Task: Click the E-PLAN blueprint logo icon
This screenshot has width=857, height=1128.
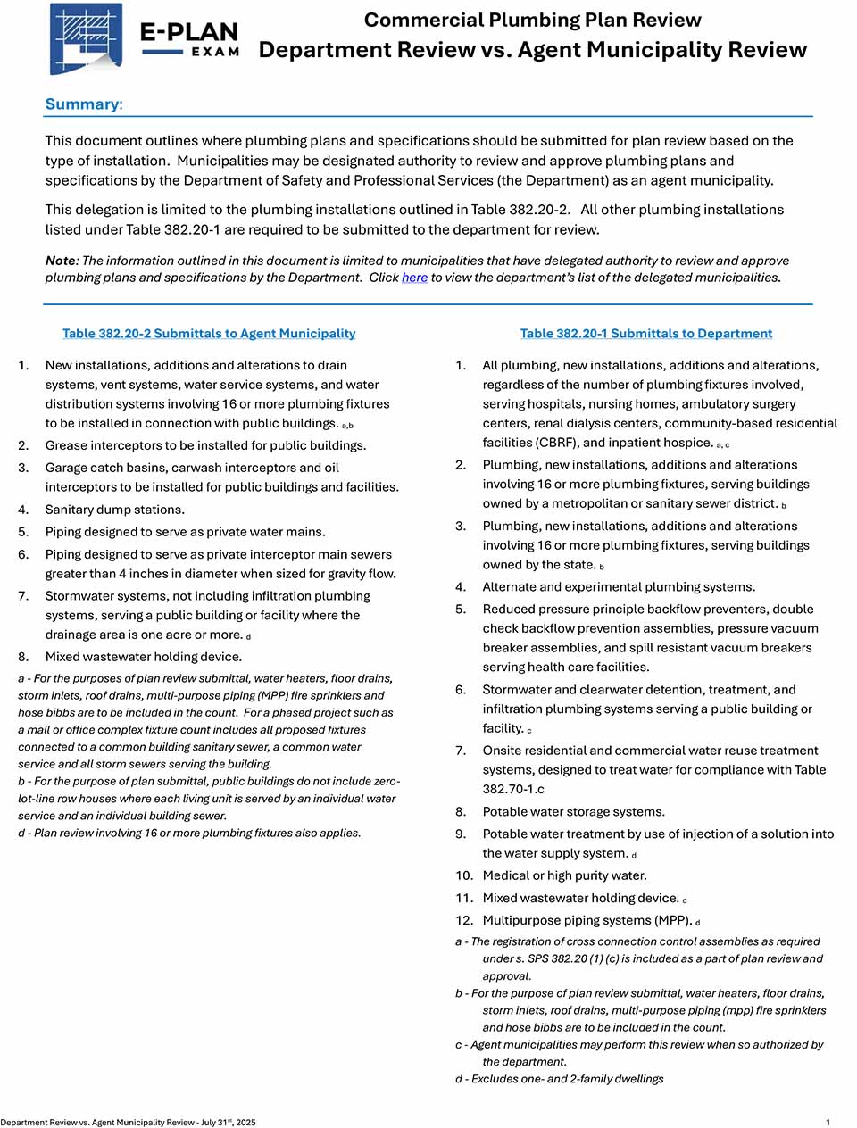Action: pyautogui.click(x=86, y=38)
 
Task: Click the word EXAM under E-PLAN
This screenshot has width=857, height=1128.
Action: pyautogui.click(x=215, y=52)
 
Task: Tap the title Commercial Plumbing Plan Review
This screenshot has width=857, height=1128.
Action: pyautogui.click(x=532, y=20)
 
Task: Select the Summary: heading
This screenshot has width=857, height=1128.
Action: pyautogui.click(x=84, y=104)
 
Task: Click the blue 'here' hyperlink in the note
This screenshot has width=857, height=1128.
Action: pyautogui.click(x=414, y=278)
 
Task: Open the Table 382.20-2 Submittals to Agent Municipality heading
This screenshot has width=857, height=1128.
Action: pyautogui.click(x=209, y=334)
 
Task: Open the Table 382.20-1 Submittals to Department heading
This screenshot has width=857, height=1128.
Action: pyautogui.click(x=646, y=334)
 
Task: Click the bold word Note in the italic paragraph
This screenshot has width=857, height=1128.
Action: pyautogui.click(x=60, y=261)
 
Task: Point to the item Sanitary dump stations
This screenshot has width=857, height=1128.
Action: pyautogui.click(x=115, y=510)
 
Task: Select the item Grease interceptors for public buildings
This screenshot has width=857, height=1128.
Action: pyautogui.click(x=205, y=445)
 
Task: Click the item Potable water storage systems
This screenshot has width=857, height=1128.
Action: pyautogui.click(x=573, y=812)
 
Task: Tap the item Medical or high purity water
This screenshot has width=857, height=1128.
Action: pyautogui.click(x=564, y=876)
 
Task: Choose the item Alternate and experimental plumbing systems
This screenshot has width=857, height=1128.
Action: pyautogui.click(x=619, y=587)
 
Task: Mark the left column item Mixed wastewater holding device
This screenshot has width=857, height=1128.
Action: pyautogui.click(x=144, y=657)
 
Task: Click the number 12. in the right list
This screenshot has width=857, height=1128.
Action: pyautogui.click(x=464, y=921)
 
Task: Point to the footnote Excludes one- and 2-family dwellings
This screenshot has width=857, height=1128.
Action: pyautogui.click(x=567, y=1079)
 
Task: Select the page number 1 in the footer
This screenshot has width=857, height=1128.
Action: pyautogui.click(x=828, y=1123)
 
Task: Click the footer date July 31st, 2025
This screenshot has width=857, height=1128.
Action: pyautogui.click(x=229, y=1123)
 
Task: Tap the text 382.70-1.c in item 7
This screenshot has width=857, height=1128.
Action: pyautogui.click(x=513, y=790)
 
